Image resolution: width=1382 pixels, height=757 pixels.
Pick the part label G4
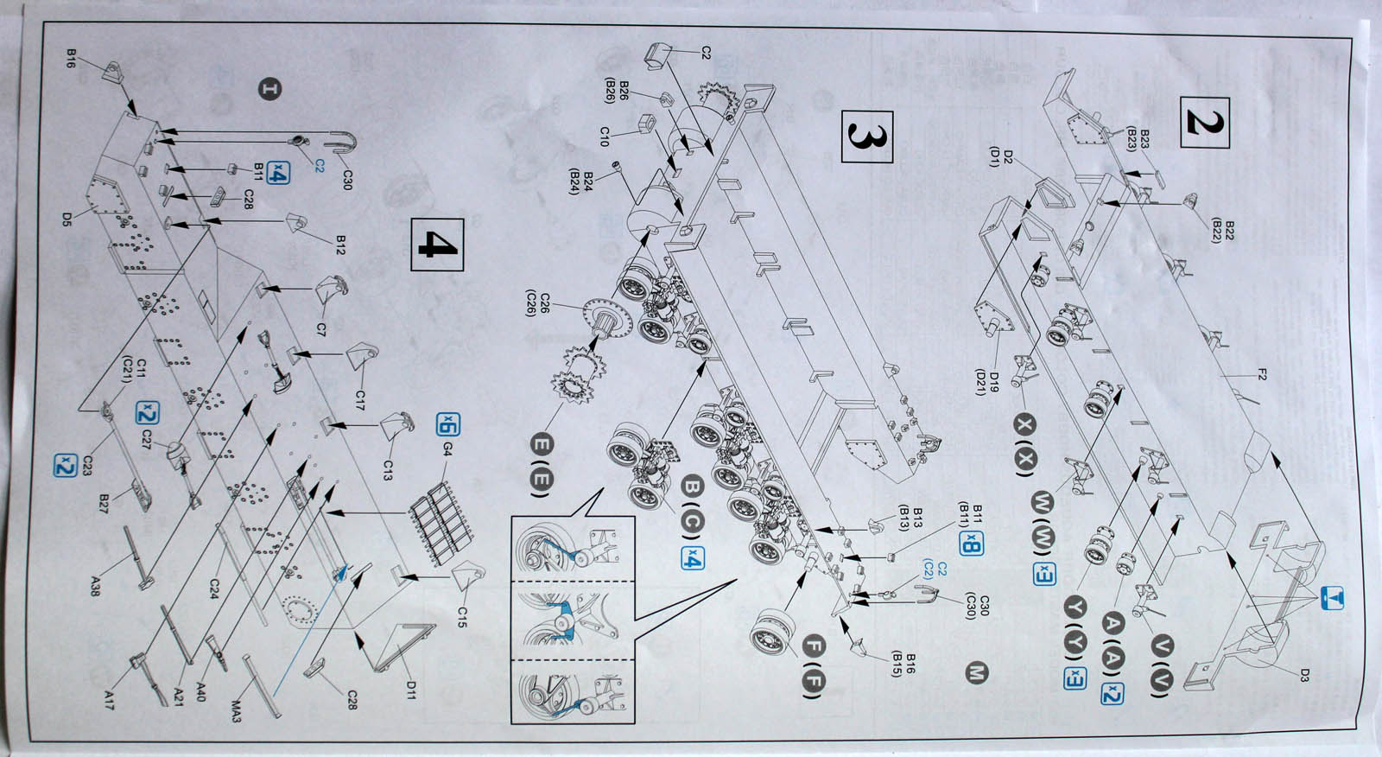click(x=448, y=473)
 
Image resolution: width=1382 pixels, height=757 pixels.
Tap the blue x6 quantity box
click(x=448, y=425)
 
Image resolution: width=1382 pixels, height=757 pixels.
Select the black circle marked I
click(x=270, y=89)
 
